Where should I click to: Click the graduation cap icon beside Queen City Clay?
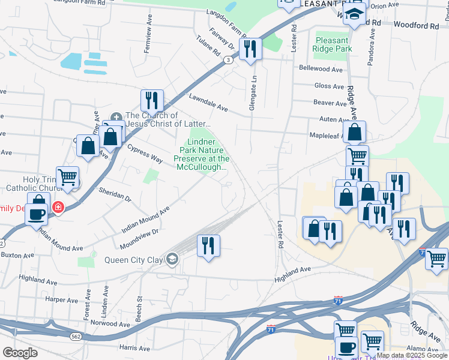click(172, 259)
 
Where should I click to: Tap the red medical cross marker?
click(58, 208)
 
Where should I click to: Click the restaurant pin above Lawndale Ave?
click(152, 100)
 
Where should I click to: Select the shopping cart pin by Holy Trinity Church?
click(67, 177)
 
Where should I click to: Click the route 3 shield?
click(228, 60)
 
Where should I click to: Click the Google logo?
click(20, 352)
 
